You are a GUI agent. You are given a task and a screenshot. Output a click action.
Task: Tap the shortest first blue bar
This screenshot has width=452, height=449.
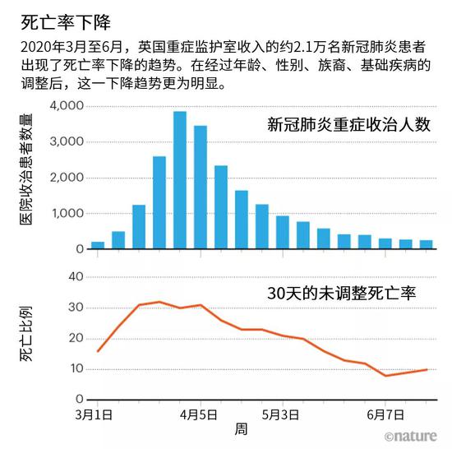tap(98, 245)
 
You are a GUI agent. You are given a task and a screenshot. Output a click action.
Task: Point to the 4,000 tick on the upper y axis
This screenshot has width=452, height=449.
tap(67, 106)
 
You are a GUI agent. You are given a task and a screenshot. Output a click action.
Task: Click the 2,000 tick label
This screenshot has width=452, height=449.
tap(67, 178)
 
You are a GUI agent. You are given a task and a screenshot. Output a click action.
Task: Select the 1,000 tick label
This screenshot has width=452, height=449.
tap(67, 213)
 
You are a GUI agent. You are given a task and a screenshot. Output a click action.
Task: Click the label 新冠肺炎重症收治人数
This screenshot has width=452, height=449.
tap(349, 126)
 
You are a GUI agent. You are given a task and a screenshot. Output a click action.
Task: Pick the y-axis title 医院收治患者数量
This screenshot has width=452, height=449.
tap(25, 176)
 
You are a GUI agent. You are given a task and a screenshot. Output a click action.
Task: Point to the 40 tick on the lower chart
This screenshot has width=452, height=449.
tap(75, 276)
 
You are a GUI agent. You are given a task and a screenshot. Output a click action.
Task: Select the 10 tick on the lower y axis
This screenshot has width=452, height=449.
tap(75, 368)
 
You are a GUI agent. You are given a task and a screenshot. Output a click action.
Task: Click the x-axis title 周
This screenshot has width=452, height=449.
tap(240, 429)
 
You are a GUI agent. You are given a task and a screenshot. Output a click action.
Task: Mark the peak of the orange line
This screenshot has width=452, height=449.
tap(159, 302)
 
